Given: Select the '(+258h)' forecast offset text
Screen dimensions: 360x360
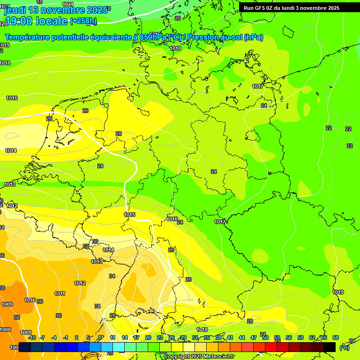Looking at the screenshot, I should [x=83, y=21].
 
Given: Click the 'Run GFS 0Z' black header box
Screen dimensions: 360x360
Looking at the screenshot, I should [x=291, y=8].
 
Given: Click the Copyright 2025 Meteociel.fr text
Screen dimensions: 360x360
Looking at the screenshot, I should [x=199, y=357].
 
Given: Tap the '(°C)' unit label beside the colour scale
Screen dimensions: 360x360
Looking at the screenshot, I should [x=344, y=348].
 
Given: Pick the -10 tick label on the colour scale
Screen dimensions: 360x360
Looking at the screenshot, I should [x=32, y=337].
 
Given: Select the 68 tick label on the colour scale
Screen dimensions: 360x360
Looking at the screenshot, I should [x=336, y=337].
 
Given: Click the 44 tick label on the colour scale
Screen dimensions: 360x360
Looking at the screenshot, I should [x=241, y=337].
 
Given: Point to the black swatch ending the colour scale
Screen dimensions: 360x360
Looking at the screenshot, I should [x=330, y=347].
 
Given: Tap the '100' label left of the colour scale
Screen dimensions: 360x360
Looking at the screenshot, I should [x=14, y=347].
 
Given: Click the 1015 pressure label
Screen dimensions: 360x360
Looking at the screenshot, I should [x=130, y=215].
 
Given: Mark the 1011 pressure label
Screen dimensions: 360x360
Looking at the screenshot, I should [x=60, y=294].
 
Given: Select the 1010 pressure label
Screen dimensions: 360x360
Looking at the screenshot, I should [x=30, y=300].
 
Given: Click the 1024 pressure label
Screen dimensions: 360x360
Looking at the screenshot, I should [x=68, y=4].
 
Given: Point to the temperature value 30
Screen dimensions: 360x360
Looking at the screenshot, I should [x=95, y=242].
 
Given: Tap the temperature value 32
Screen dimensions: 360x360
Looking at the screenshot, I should [x=86, y=247].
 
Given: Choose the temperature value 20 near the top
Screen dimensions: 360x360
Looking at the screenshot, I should [x=177, y=18].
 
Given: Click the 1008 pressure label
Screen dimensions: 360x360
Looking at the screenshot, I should [x=5, y=330].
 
